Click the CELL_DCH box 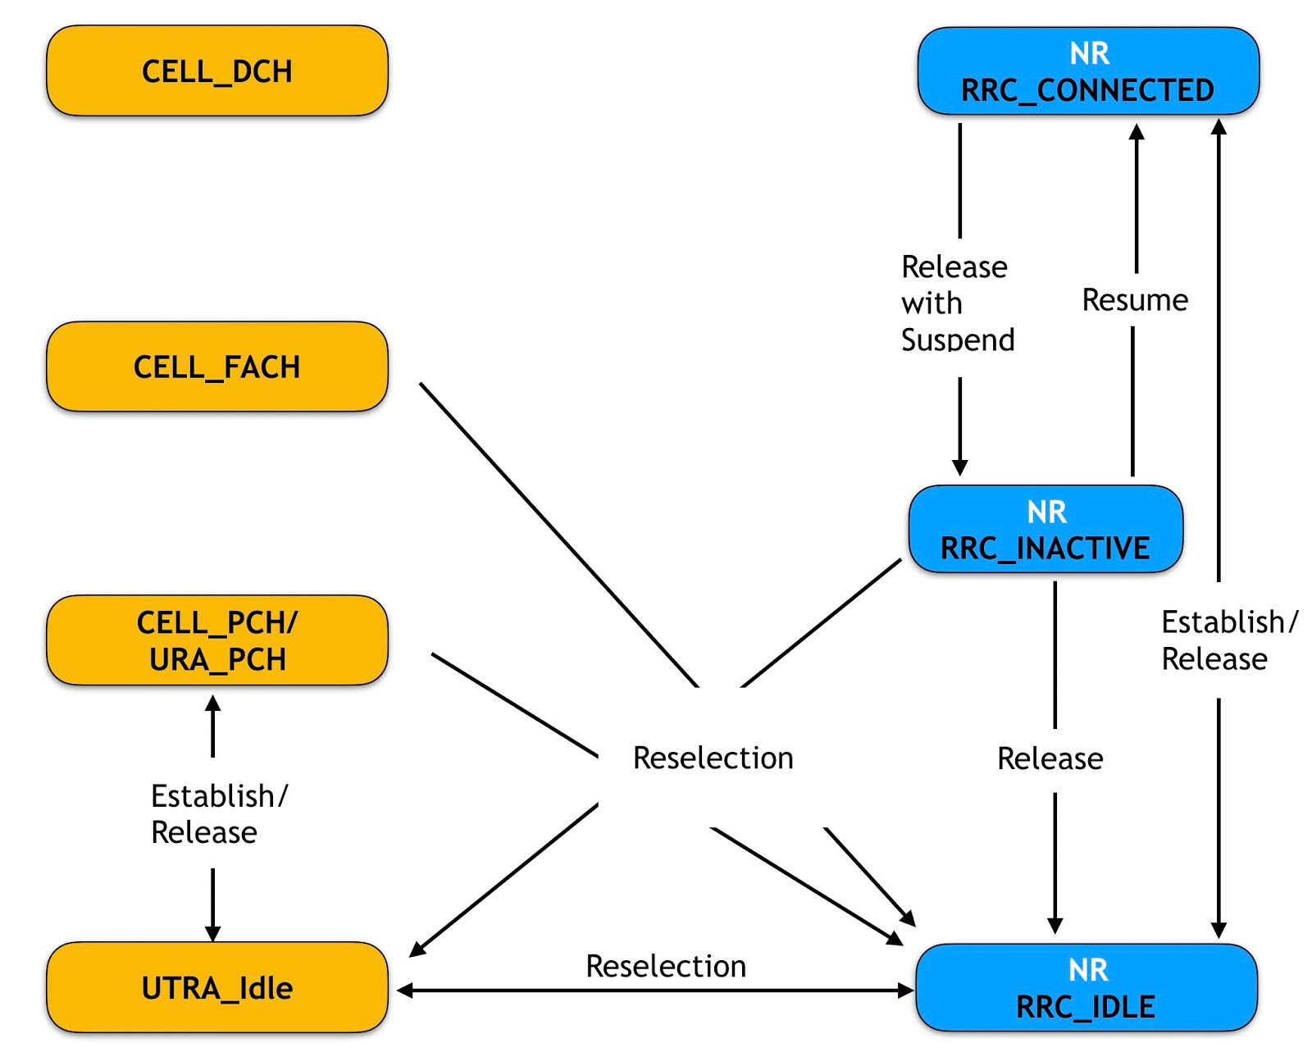point(216,71)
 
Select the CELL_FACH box point(216,367)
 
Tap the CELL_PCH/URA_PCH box point(216,640)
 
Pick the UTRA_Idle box point(216,987)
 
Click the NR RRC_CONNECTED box point(1087,71)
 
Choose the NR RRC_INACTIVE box point(1045,530)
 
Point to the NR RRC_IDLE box point(1086,987)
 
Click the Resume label point(1135,300)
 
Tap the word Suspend point(958,339)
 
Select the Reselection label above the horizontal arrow point(666,966)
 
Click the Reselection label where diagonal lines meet point(713,758)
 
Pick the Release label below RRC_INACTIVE point(1050,758)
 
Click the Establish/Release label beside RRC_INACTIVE point(1228,640)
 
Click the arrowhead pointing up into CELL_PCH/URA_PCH point(213,704)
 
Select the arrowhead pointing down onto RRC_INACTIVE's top point(960,468)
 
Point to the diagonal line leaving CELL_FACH point(558,533)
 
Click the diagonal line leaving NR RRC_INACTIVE point(820,623)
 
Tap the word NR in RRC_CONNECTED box point(1089,53)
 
